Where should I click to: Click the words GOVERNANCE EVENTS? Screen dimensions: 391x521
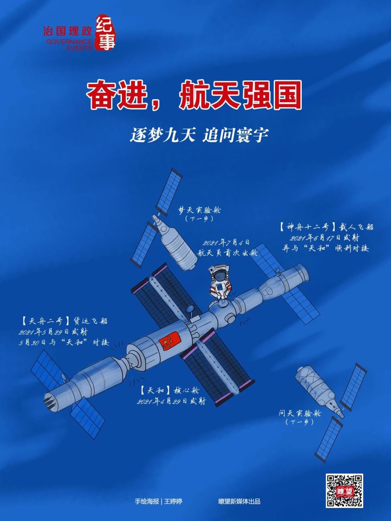(69, 45)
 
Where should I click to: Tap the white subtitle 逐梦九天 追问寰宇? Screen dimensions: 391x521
(199, 136)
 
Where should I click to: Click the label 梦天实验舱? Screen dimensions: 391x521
(199, 210)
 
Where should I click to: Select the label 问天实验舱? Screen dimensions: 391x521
(300, 413)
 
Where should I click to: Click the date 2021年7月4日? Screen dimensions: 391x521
(226, 243)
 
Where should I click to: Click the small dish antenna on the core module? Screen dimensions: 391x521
(190, 310)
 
